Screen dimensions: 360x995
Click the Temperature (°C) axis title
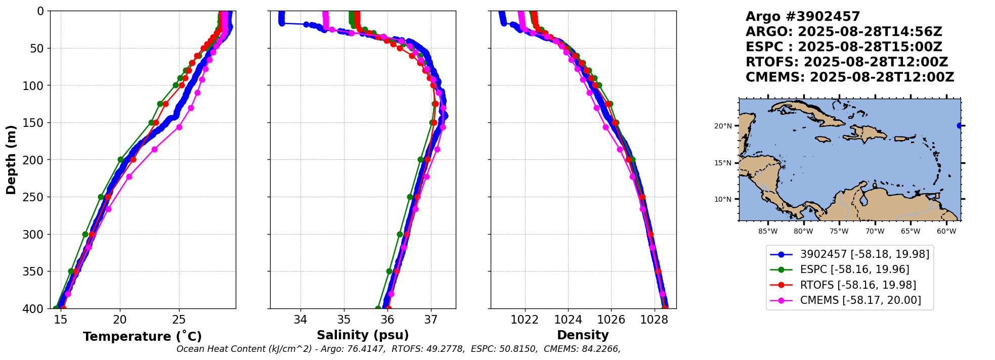click(x=142, y=336)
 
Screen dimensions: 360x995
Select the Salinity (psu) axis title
click(x=363, y=335)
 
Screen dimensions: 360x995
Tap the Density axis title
click(x=583, y=335)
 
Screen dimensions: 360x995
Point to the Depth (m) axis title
click(x=11, y=159)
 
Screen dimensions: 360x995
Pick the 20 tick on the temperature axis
click(x=120, y=319)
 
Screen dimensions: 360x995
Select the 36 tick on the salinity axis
click(x=387, y=319)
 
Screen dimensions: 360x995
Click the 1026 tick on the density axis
click(x=611, y=319)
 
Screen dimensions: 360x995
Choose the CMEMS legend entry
click(x=860, y=300)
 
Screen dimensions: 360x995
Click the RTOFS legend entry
click(x=857, y=285)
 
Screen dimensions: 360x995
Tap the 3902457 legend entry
click(x=864, y=254)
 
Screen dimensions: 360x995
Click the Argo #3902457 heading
click(x=802, y=17)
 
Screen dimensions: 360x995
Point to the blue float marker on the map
click(x=959, y=125)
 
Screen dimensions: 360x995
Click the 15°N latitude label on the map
click(x=723, y=163)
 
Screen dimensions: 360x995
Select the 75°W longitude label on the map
click(x=839, y=232)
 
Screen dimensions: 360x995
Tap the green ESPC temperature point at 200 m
click(x=121, y=160)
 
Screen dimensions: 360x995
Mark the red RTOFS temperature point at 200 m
click(x=133, y=160)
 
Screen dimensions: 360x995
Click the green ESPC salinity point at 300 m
click(x=400, y=234)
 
